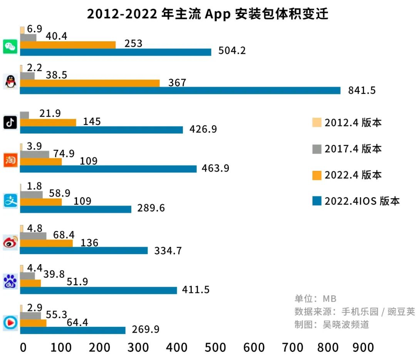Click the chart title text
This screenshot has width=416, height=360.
(208, 14)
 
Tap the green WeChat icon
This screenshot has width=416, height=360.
(10, 47)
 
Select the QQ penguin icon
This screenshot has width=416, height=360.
(10, 81)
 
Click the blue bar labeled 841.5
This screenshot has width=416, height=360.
(180, 90)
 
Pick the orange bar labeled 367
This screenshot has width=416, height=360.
(90, 83)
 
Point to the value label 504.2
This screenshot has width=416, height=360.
(232, 51)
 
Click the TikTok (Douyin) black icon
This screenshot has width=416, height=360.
(10, 122)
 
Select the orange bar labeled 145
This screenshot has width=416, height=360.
(48, 122)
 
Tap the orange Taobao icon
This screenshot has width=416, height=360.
(10, 160)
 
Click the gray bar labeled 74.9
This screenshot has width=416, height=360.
(34, 154)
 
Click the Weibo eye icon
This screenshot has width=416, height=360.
(10, 243)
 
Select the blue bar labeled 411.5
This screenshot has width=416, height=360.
(98, 290)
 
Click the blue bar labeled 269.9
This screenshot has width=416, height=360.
(72, 330)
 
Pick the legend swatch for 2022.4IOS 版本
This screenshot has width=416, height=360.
(317, 201)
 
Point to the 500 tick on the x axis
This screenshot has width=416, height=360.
(215, 347)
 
